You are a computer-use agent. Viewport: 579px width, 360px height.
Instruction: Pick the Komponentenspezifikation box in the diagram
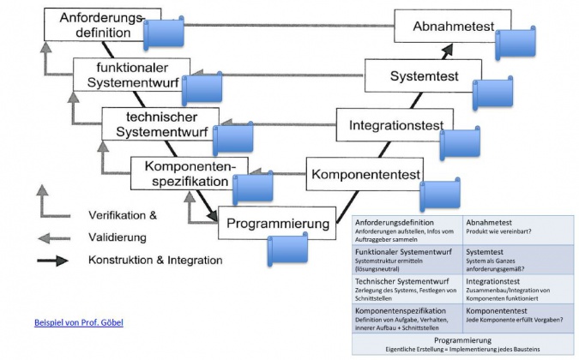pos(184,173)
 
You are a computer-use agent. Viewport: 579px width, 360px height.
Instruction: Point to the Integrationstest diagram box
pos(395,126)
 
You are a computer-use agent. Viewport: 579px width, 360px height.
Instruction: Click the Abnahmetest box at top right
pos(454,27)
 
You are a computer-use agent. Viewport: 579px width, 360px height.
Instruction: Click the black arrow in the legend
pos(54,260)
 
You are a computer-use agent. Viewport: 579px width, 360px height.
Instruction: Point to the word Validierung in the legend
pos(117,237)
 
